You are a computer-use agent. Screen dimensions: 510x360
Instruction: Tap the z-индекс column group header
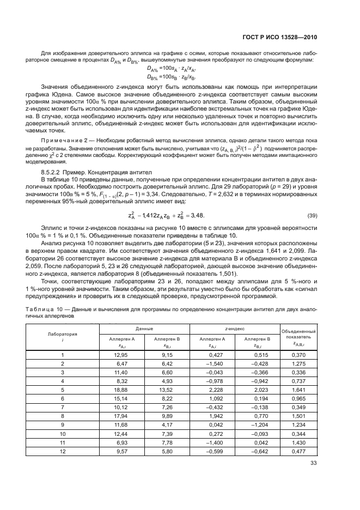pos(234,329)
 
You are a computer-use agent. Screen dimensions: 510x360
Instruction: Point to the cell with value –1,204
pos(249,424)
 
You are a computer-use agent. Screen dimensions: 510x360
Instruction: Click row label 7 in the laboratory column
pos(62,407)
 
